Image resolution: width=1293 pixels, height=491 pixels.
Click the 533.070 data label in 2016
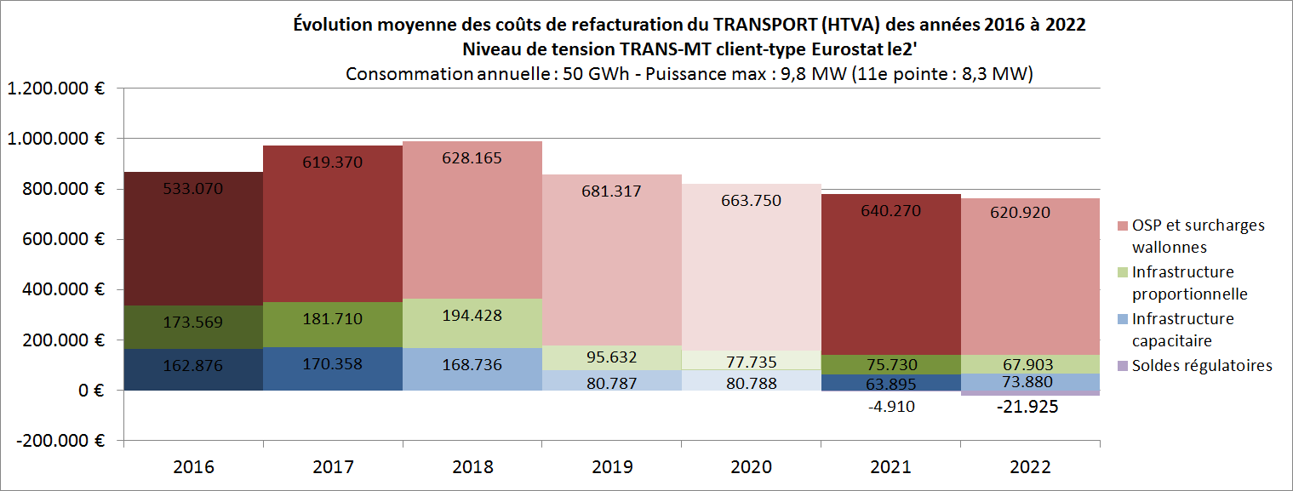tap(193, 189)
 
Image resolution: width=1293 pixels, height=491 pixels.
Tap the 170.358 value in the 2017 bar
tap(333, 365)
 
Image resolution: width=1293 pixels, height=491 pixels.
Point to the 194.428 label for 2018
tap(472, 315)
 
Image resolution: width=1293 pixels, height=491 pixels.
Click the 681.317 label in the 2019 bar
tap(612, 191)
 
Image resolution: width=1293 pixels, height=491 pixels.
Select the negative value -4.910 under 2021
tap(891, 406)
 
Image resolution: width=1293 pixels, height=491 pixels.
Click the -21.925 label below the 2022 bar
tap(1031, 407)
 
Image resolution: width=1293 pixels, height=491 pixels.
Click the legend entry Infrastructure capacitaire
tap(1182, 329)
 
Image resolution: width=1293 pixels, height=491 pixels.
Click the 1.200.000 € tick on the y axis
tap(55, 88)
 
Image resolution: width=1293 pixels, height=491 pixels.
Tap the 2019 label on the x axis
tap(612, 467)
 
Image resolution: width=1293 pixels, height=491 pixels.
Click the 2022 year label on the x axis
tap(1031, 467)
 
